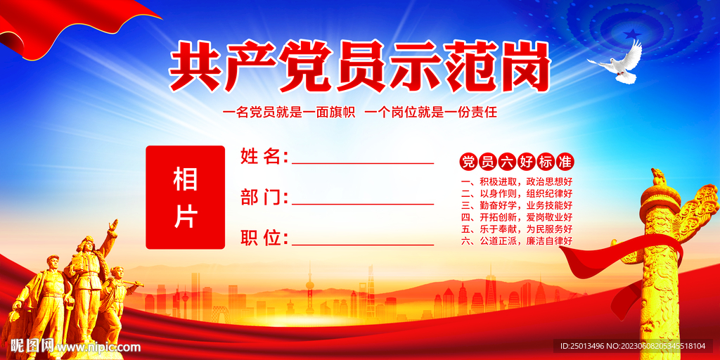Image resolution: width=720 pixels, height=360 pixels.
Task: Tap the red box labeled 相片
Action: [185, 198]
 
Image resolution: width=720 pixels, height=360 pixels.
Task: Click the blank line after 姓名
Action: [363, 162]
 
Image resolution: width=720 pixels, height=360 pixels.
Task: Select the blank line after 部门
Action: [363, 203]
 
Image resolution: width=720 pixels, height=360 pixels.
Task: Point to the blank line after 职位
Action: [363, 244]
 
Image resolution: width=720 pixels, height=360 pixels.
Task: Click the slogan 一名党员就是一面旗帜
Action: [288, 112]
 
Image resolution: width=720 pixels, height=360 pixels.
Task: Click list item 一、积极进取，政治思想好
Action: [517, 181]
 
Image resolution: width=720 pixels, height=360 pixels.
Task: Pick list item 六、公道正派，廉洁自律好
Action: [517, 241]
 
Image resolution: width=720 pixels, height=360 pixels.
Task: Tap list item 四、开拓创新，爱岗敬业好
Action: [517, 217]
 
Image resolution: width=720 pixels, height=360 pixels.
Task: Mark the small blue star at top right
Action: [633, 34]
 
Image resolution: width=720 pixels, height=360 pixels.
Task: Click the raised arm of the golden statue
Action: [110, 236]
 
